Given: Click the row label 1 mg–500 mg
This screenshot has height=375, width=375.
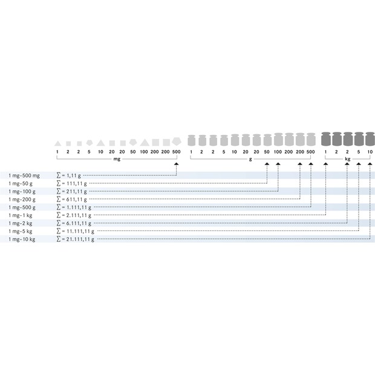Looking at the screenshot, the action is [x=24, y=176].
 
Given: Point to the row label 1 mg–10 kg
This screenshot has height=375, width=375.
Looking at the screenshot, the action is [x=22, y=240].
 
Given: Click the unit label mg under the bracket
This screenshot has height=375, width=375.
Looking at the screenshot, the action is [x=117, y=159].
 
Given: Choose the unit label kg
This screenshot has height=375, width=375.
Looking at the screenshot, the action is [x=348, y=159].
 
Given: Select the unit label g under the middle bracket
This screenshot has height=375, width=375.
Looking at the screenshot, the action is [x=250, y=159].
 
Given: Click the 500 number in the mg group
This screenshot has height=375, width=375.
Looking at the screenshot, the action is [x=177, y=152].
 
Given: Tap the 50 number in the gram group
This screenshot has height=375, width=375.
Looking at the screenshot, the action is [x=267, y=152].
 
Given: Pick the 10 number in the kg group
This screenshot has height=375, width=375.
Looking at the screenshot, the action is [x=370, y=152].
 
